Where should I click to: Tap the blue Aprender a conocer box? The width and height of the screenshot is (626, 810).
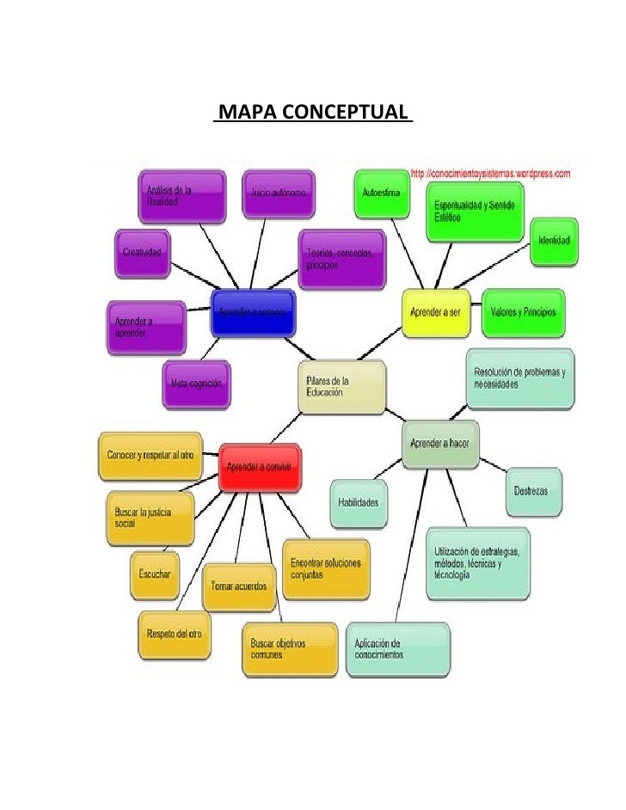click(x=253, y=312)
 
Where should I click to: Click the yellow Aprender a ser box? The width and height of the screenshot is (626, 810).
click(x=438, y=312)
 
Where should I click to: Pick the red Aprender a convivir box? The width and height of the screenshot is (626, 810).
click(x=259, y=467)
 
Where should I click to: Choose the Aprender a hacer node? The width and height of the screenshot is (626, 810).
click(x=439, y=443)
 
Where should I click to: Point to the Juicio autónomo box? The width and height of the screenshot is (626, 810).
click(x=278, y=194)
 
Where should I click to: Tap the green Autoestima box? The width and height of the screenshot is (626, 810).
click(x=379, y=194)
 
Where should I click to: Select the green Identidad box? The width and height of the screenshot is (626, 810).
click(x=555, y=242)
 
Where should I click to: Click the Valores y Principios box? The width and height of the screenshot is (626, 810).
click(x=524, y=312)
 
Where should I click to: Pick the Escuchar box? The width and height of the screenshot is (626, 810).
click(x=155, y=574)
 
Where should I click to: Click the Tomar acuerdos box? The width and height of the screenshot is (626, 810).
click(x=239, y=586)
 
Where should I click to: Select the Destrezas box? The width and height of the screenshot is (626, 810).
click(x=532, y=491)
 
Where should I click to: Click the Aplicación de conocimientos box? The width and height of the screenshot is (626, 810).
click(x=396, y=648)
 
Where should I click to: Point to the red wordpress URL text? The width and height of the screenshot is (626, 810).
click(x=491, y=173)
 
